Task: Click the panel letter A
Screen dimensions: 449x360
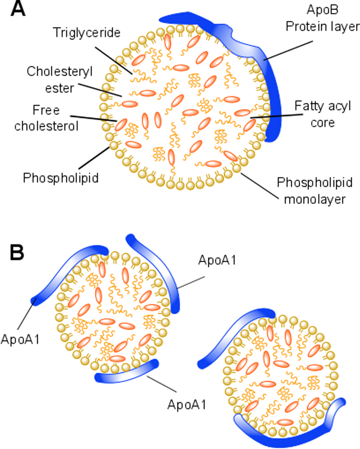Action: click(x=18, y=9)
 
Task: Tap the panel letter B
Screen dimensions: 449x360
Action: click(x=17, y=253)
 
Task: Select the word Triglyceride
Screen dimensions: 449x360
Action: click(x=87, y=33)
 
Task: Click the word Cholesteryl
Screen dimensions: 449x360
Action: click(x=60, y=71)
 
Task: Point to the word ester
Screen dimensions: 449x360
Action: click(x=60, y=88)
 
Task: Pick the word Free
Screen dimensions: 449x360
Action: click(x=46, y=110)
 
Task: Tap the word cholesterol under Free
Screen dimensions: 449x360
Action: click(x=46, y=126)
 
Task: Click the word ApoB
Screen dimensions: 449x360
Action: click(x=322, y=10)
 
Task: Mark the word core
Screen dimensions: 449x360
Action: click(x=322, y=123)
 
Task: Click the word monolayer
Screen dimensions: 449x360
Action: click(x=315, y=199)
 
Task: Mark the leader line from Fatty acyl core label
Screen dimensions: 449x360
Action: click(x=276, y=116)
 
